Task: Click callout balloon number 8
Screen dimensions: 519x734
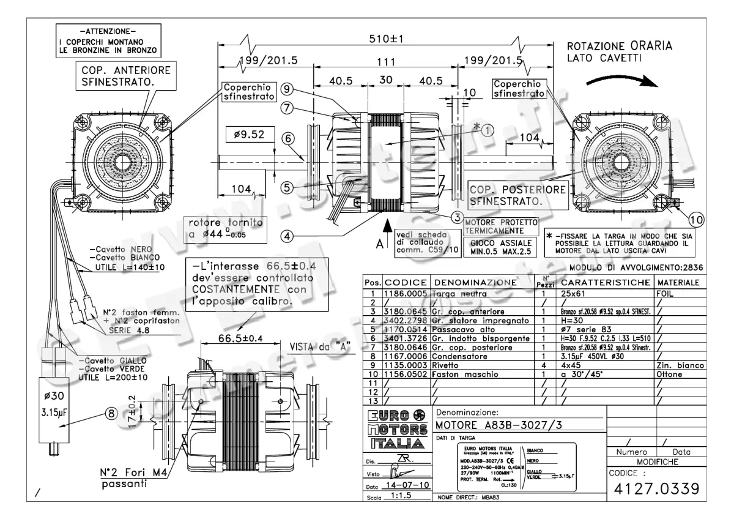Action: (111, 413)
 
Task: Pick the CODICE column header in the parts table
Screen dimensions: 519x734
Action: (406, 284)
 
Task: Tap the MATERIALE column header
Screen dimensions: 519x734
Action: (678, 284)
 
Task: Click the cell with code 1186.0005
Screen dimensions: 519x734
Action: (406, 294)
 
